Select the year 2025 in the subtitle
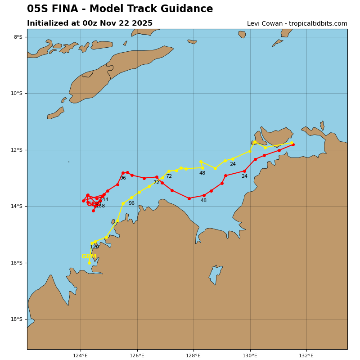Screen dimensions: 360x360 tap(141, 23)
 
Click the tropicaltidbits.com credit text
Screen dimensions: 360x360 tap(315, 24)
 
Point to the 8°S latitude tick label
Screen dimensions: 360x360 tap(18, 37)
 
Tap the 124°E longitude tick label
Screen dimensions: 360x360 tap(81, 355)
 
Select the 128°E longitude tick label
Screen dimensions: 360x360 tap(193, 355)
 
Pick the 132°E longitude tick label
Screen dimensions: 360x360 tap(306, 355)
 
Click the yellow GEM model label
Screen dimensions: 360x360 tap(89, 256)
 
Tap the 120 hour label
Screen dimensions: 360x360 tap(94, 247)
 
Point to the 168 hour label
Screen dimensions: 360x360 tap(100, 206)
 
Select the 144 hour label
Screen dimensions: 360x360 tap(104, 200)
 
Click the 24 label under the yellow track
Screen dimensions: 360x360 tap(233, 164)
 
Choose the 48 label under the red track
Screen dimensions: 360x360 tap(203, 201)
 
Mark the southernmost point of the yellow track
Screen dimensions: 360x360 tap(89, 263)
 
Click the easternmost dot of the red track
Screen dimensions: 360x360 tap(293, 144)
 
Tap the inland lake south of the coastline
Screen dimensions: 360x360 tap(215, 274)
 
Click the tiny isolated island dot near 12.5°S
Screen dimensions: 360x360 tap(69, 162)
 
